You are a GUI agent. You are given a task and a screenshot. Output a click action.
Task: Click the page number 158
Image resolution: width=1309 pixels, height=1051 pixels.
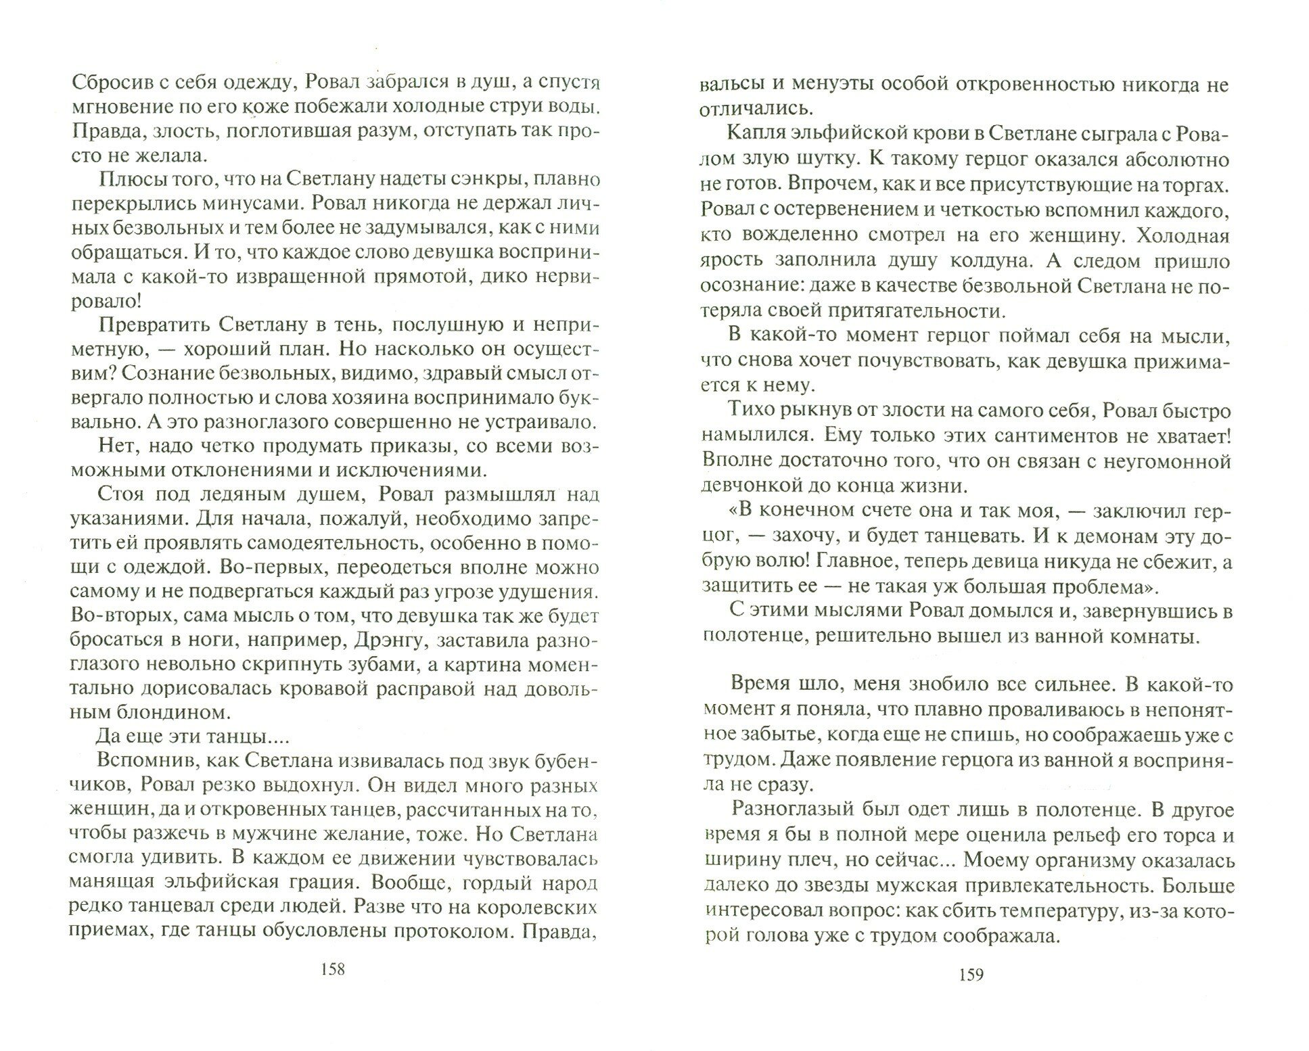[332, 970]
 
